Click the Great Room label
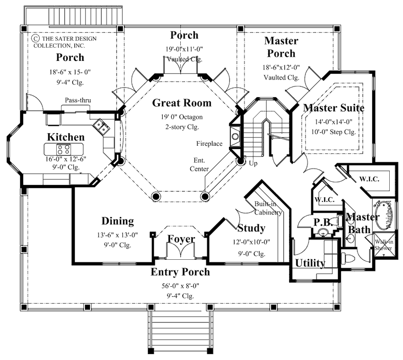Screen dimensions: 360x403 coord(182,103)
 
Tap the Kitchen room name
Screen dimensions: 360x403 coord(66,137)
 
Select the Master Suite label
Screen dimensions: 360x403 coord(334,108)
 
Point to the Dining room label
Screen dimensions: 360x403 coord(117,221)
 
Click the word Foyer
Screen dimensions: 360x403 coord(181,239)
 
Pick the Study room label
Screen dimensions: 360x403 coord(251,229)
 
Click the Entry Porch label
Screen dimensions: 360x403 coord(180,272)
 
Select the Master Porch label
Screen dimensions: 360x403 coord(281,47)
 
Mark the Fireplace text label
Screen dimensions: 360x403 coord(209,143)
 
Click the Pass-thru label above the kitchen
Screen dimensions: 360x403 coord(76,100)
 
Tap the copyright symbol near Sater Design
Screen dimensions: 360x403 coord(36,38)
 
